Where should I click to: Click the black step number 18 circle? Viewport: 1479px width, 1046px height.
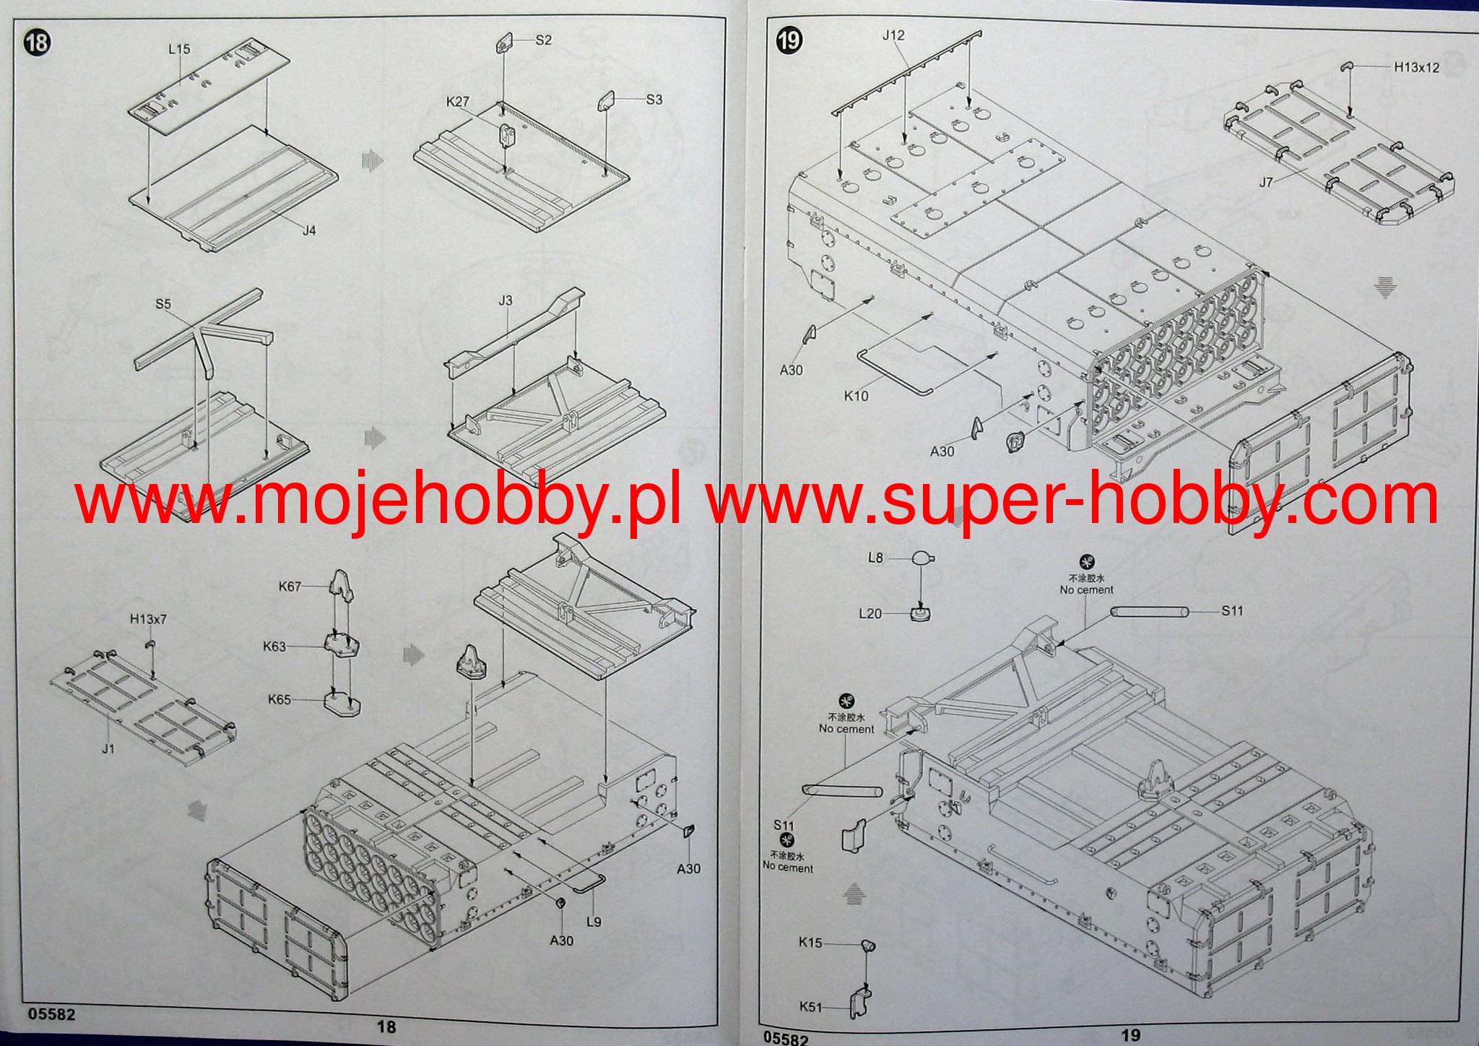click(37, 43)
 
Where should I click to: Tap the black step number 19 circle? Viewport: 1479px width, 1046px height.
click(789, 40)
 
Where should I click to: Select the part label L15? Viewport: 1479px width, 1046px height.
click(179, 49)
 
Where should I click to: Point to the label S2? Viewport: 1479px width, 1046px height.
click(543, 40)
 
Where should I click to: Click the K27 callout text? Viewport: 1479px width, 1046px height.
click(458, 102)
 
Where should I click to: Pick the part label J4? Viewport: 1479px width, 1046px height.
click(309, 230)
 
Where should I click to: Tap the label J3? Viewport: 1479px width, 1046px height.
click(506, 301)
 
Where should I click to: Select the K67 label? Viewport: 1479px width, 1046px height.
click(290, 587)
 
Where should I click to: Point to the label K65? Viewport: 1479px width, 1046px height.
click(279, 699)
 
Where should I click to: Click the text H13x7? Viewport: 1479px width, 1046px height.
click(148, 619)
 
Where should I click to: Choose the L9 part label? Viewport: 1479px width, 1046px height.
click(594, 922)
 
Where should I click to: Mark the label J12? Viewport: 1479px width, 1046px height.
click(893, 35)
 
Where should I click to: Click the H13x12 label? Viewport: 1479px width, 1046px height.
click(1416, 68)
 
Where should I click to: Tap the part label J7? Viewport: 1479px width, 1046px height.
click(1266, 183)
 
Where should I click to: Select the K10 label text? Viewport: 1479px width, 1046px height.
click(856, 396)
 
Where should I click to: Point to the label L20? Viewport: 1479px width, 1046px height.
click(870, 613)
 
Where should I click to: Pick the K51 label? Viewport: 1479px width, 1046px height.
click(810, 1006)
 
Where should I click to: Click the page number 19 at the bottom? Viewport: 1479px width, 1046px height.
click(1131, 1035)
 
